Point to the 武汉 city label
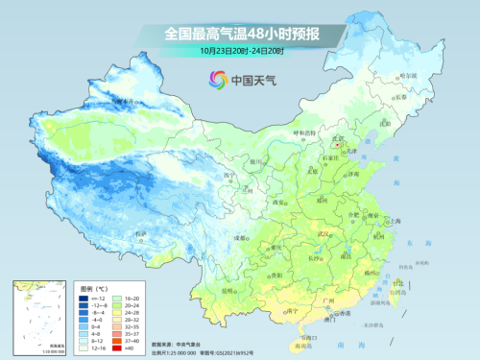(x=324, y=233)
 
